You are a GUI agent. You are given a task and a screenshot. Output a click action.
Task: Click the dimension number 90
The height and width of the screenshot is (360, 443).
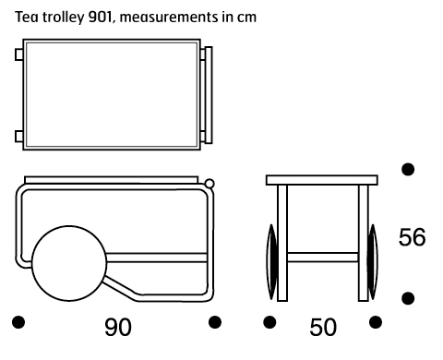pos(118,327)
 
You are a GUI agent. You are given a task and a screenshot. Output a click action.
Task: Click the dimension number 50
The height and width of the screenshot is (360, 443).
pos(323,327)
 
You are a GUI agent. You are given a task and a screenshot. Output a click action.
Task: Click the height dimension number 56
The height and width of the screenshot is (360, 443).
pos(413,237)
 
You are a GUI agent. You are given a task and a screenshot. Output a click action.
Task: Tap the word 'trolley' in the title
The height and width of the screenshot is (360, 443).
pos(63,18)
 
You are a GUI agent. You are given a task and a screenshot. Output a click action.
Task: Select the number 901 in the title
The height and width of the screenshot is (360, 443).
pos(100,18)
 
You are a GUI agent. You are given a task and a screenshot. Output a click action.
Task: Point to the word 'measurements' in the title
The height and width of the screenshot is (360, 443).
pos(169,18)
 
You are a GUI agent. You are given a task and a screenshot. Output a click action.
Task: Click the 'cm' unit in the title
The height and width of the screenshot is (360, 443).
pos(246,18)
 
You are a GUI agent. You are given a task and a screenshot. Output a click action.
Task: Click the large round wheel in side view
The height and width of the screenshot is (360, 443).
pos(69,263)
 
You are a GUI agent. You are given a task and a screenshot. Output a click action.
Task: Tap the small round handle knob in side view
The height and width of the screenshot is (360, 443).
pos(210,184)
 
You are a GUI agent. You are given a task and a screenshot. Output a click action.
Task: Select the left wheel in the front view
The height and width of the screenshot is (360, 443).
pos(271,262)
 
